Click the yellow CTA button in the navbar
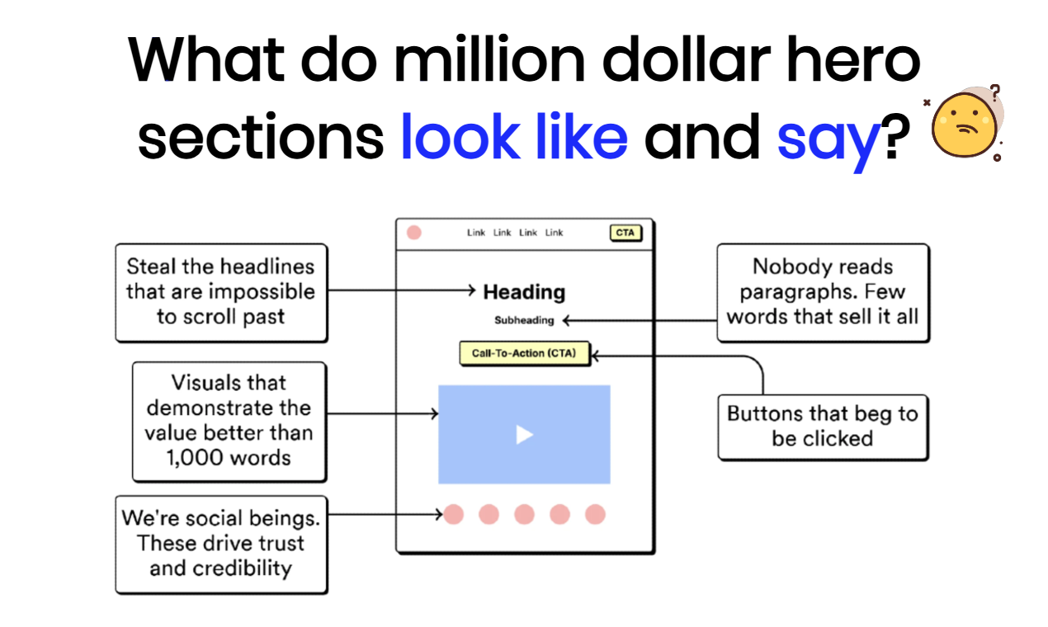625,233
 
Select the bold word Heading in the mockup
524,292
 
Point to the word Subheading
524,320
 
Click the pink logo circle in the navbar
414,233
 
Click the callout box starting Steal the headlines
221,292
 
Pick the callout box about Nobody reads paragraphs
823,292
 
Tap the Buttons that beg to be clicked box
823,426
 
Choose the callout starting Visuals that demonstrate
229,421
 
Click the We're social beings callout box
221,544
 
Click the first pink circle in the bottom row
454,515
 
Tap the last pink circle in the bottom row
595,515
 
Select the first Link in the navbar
476,233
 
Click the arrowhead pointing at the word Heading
472,290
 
